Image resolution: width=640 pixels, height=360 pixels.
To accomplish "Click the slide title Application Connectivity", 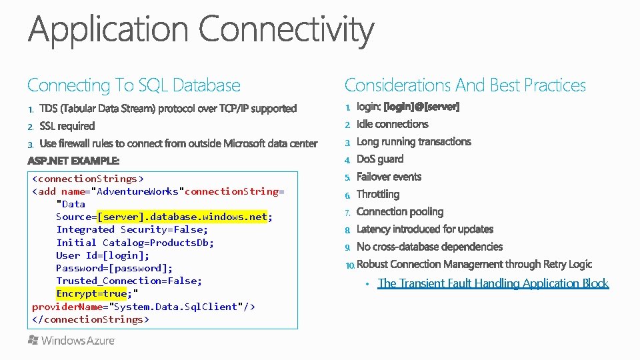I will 201,31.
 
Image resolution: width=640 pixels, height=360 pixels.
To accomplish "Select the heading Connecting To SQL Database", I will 133,85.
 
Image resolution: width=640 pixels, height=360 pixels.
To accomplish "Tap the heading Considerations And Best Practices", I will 465,85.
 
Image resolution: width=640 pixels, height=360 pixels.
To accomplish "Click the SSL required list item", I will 67,126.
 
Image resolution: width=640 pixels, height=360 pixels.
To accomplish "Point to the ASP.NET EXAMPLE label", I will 73,161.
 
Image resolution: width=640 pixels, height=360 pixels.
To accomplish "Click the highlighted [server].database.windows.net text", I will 182,217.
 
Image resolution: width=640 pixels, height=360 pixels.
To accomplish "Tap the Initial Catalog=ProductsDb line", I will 135,243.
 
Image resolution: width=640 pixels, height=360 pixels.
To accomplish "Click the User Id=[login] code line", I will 103,255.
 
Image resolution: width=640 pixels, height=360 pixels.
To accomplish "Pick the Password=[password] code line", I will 114,268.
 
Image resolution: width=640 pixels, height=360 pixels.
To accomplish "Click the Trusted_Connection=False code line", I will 129,281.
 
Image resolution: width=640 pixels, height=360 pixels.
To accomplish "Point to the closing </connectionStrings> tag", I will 90,319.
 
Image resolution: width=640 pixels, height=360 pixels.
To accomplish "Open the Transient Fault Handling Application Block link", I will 493,283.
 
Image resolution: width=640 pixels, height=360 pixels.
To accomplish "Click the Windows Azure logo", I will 71,341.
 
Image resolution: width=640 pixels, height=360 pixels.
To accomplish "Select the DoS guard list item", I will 380,159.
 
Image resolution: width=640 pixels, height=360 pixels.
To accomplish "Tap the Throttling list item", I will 378,195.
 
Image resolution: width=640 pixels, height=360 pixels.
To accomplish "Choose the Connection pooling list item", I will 400,212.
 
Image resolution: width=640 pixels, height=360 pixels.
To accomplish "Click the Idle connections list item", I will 392,124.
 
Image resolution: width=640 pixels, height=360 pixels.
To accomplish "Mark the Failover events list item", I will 389,177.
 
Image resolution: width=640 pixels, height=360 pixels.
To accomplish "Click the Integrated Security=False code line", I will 131,229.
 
